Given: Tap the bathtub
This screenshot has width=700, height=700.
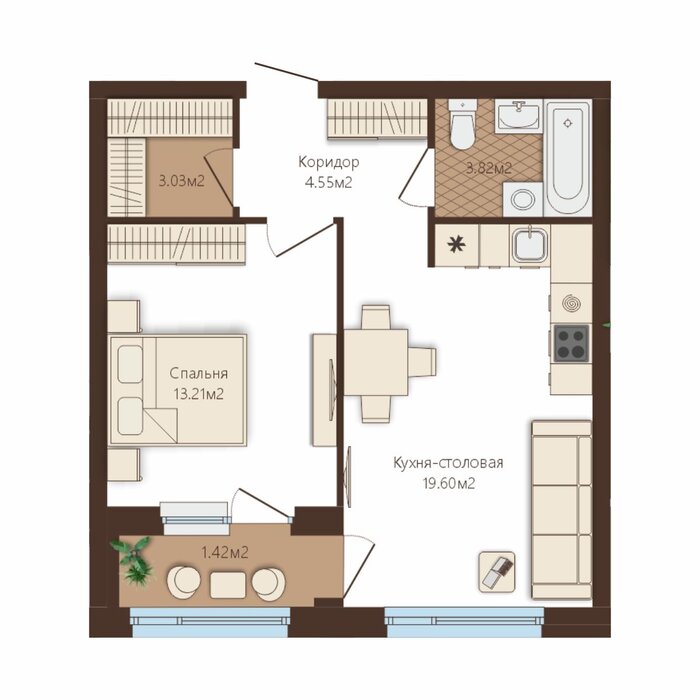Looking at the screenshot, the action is click(x=567, y=158).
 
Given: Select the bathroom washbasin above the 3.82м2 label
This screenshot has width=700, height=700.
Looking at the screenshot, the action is click(x=518, y=115).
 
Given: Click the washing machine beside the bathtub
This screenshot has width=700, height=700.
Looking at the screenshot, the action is click(x=522, y=199).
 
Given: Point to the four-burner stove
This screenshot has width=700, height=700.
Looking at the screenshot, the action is click(x=571, y=343).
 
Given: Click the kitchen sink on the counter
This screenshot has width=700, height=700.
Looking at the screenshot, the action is click(x=530, y=245).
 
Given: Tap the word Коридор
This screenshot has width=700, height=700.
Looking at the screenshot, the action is click(x=329, y=162).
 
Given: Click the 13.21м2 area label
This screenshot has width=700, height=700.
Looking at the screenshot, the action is click(x=199, y=394).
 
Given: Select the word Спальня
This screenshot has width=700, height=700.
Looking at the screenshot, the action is click(x=199, y=373).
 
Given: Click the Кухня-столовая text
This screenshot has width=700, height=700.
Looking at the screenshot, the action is click(x=448, y=462).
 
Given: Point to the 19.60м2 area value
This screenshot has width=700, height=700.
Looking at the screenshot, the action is click(x=449, y=483).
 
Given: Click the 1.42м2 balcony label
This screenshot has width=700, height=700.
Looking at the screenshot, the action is click(x=225, y=553).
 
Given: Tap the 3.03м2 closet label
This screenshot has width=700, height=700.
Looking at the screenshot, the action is click(x=182, y=181).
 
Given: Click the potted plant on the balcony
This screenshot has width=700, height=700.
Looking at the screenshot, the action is click(x=133, y=560).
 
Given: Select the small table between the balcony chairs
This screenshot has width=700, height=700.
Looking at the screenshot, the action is click(x=228, y=585).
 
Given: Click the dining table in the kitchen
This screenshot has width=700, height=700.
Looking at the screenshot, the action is click(x=376, y=362).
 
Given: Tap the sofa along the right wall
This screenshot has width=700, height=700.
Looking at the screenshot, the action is click(x=562, y=509).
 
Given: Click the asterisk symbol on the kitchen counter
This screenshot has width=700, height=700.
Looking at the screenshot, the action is click(x=456, y=244).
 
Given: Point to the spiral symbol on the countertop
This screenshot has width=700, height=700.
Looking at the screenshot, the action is click(x=572, y=304).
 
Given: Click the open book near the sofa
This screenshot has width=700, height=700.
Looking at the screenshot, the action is click(x=497, y=572).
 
